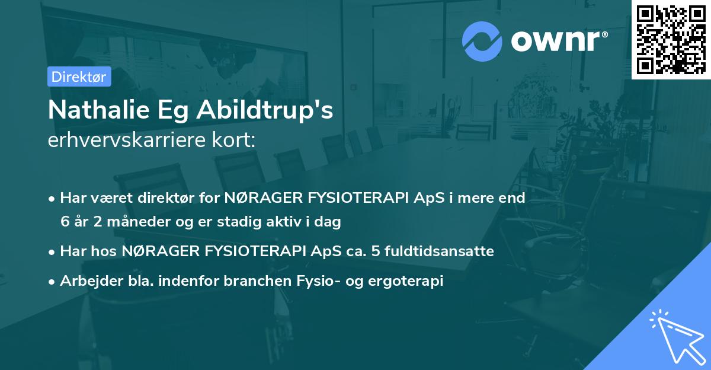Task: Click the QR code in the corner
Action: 671,39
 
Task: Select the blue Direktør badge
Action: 79,76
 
